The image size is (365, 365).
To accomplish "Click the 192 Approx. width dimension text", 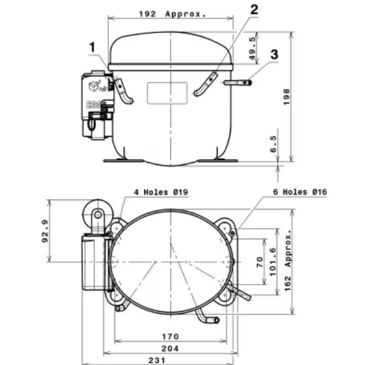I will (x=172, y=14).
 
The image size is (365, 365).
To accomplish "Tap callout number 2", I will (x=254, y=10).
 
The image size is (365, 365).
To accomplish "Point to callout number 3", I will (x=274, y=54).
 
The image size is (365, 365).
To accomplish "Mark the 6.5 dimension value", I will (x=273, y=144).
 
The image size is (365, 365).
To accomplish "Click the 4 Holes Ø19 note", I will (x=161, y=192).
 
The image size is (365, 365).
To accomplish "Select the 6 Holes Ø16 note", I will (x=300, y=192).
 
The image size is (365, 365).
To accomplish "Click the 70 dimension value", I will (x=261, y=262).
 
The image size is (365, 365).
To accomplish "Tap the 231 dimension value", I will (x=156, y=360).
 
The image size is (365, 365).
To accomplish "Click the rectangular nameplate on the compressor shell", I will (x=167, y=93).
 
